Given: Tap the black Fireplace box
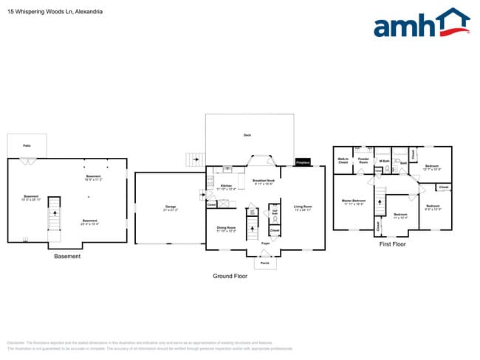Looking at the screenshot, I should [303, 162].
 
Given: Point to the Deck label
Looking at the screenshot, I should [247, 135].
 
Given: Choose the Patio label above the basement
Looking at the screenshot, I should [27, 146].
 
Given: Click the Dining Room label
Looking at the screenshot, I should [226, 229].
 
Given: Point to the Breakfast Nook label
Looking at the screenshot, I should [264, 181].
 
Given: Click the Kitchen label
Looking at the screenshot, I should [226, 187].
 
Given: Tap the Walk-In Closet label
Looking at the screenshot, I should [343, 160].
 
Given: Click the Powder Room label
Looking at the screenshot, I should [363, 160].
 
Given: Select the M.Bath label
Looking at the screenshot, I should [383, 161].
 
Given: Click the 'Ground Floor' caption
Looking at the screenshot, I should [230, 277].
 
